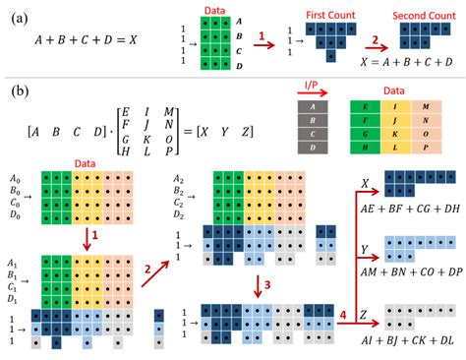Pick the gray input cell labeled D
pyautogui.click(x=310, y=147)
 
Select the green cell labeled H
pyautogui.click(x=364, y=148)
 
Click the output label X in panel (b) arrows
pyautogui.click(x=365, y=182)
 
